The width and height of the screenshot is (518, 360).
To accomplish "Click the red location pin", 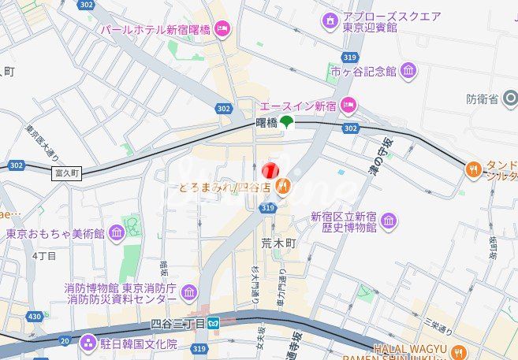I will tap(270, 171).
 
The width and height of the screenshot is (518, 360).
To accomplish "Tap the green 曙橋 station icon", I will tap(286, 121).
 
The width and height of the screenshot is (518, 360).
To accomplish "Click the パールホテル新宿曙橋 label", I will tap(155, 29).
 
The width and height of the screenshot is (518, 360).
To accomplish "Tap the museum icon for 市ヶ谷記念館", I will tap(408, 72).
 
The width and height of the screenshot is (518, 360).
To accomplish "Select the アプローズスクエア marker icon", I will tap(330, 20).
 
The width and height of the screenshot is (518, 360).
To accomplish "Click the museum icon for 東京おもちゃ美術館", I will tap(117, 233).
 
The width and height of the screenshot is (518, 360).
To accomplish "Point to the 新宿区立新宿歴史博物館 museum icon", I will tap(388, 222).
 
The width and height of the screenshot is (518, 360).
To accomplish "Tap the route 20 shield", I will tap(64, 341).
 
